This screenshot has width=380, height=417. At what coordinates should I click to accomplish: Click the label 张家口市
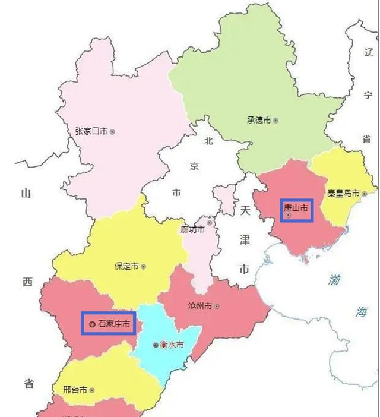point(91,131)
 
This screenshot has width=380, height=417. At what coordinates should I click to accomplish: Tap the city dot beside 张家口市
point(112,132)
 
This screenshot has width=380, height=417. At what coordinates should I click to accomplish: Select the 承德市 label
point(259,120)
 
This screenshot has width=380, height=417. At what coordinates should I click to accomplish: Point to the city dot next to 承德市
point(275,121)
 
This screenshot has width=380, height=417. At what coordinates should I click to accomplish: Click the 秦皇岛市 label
point(343,194)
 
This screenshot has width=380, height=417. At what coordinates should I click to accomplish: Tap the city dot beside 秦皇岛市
point(364,194)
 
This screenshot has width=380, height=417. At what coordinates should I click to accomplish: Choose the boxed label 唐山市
point(296,209)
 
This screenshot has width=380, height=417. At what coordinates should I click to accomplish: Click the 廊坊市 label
point(193,229)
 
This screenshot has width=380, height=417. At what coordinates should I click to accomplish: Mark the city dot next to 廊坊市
point(210,223)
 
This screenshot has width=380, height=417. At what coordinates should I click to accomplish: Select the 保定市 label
point(126,267)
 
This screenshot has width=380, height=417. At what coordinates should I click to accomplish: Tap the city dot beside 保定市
point(143,267)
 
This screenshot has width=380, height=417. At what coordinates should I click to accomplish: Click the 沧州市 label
point(199,306)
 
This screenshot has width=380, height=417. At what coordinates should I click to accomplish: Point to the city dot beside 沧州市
point(217,307)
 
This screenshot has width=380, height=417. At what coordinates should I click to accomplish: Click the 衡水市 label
point(172,345)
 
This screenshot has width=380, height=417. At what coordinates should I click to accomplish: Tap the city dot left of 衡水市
point(156,345)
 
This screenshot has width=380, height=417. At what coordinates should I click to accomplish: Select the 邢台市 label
point(75,390)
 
